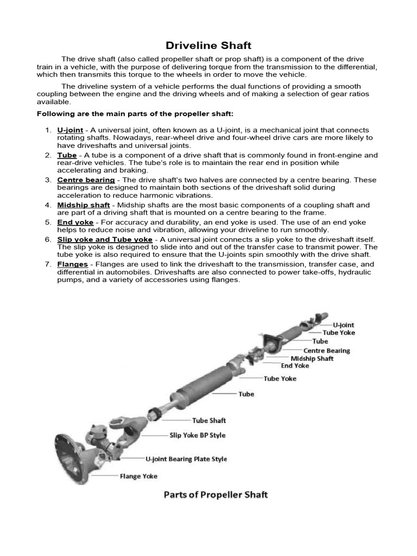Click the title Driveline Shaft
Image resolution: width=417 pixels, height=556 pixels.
208,46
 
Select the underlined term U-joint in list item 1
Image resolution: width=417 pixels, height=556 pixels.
70,130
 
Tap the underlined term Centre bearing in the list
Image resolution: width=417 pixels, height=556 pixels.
86,180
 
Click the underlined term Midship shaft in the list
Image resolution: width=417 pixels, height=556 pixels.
84,205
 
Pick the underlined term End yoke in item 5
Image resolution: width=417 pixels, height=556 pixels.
75,223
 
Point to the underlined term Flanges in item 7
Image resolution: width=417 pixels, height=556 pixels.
72,264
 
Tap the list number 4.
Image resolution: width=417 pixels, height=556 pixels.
47,205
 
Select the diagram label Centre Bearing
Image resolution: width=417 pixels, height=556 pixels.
326,351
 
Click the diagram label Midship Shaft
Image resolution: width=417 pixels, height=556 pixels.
312,358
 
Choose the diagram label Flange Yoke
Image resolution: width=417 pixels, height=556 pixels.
138,476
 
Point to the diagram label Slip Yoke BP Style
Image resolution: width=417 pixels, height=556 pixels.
198,435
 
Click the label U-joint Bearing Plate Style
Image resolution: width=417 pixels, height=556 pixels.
186,459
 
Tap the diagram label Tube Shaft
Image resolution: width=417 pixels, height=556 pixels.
209,420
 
